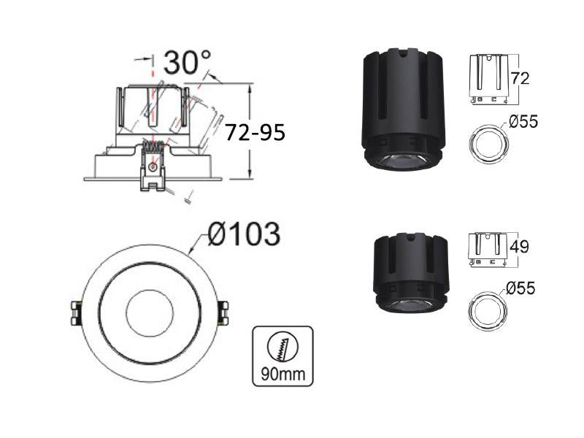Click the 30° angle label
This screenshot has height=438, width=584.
[188, 62]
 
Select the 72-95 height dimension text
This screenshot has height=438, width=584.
[255, 132]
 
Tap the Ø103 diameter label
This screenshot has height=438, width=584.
[244, 234]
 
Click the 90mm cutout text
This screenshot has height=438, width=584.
[283, 374]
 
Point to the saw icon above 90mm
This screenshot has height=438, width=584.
[283, 347]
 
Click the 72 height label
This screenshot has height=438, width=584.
[520, 79]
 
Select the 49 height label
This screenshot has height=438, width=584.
[519, 247]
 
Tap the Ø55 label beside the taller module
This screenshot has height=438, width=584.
[523, 121]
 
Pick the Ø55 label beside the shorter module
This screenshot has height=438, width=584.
[520, 288]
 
